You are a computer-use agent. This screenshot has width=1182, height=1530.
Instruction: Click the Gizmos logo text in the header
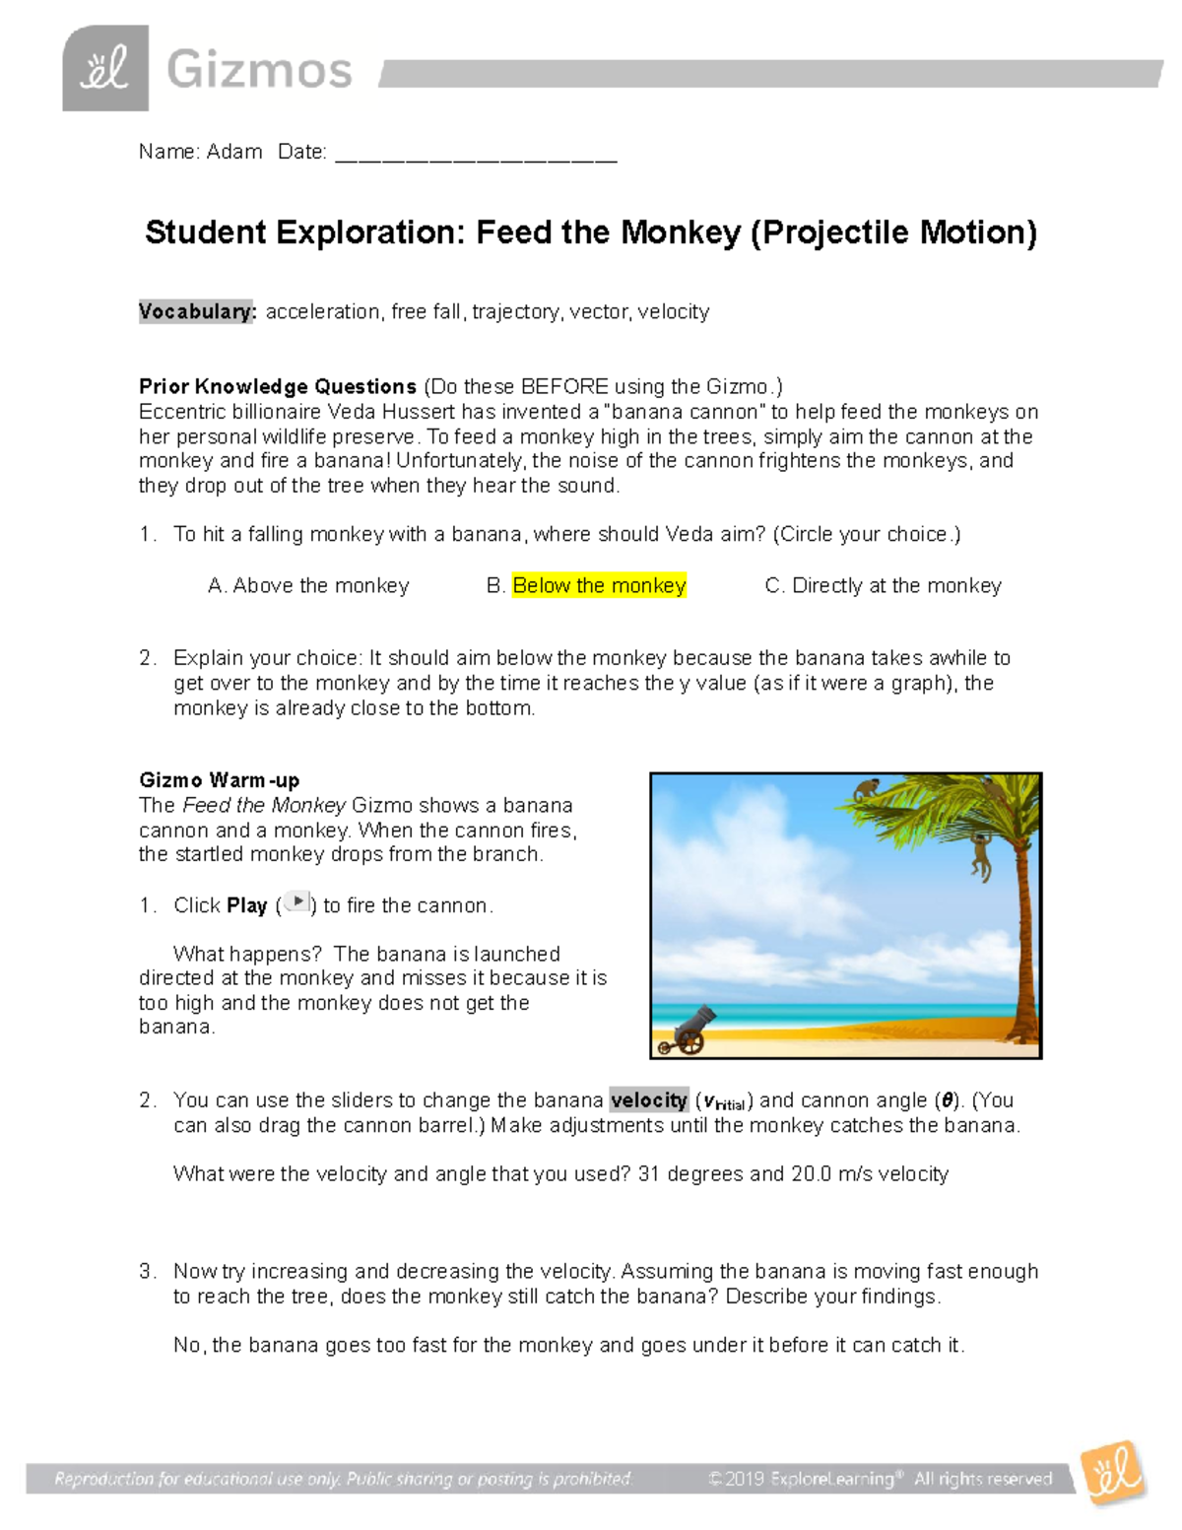[x=259, y=71]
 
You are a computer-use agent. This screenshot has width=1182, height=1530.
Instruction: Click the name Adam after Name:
[x=234, y=152]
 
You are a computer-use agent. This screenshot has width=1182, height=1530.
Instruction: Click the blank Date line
[x=476, y=156]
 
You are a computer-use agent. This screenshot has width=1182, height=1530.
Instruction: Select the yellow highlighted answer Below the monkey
[x=599, y=586]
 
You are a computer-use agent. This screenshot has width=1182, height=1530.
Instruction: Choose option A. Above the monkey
[x=308, y=586]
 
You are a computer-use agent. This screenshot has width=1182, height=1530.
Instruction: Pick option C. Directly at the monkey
[x=883, y=586]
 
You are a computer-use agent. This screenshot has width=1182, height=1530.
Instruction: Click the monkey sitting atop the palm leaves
[x=868, y=789]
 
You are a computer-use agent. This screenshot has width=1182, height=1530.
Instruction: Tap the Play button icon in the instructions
[x=296, y=901]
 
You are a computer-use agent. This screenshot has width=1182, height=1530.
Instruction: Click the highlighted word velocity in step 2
[x=648, y=1100]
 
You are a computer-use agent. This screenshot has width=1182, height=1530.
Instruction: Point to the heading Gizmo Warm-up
[x=219, y=780]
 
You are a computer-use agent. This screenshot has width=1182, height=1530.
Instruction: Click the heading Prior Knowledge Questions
[x=278, y=386]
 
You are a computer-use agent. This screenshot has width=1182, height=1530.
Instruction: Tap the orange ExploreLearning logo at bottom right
[x=1113, y=1474]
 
